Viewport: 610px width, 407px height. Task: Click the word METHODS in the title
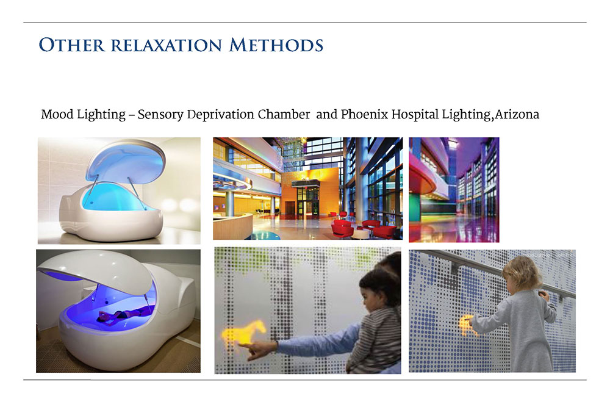click(x=276, y=45)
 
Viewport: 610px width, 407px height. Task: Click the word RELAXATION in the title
click(x=166, y=46)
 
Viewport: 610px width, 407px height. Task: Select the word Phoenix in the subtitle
click(x=365, y=114)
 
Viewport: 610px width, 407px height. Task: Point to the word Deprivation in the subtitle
click(x=221, y=115)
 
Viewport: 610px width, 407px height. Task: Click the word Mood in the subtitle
click(x=57, y=114)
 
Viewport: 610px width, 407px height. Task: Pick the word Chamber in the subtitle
click(x=284, y=114)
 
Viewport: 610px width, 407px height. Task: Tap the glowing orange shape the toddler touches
click(x=466, y=325)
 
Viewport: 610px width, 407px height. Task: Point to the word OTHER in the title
click(x=72, y=45)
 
